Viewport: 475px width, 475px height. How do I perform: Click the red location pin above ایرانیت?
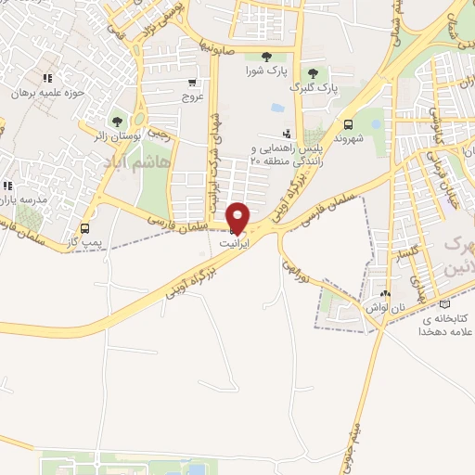[238, 216]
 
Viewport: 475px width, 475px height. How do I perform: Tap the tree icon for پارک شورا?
[268, 56]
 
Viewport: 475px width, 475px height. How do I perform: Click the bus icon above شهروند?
[348, 124]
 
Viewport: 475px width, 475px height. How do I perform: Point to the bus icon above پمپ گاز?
[85, 227]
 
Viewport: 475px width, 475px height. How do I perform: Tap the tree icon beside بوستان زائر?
[118, 122]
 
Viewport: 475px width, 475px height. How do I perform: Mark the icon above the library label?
[444, 303]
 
